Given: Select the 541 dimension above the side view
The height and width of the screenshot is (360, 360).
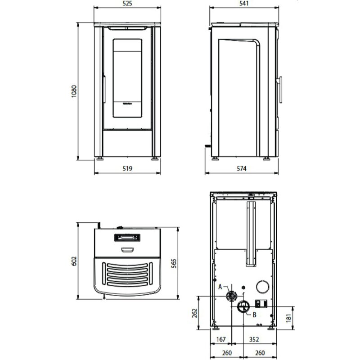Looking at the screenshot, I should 243,3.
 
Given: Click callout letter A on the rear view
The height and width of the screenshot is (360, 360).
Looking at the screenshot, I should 220,287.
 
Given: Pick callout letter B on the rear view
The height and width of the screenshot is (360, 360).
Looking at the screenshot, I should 254,315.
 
